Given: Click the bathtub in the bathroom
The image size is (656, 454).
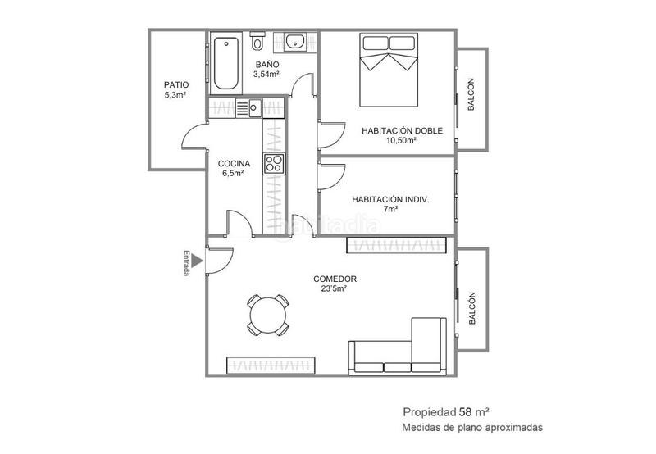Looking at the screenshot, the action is click(x=226, y=63).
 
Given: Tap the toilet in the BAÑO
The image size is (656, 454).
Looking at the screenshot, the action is click(x=257, y=41).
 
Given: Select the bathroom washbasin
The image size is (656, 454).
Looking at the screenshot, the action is click(x=295, y=42).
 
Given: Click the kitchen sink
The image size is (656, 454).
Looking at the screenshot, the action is click(x=248, y=108).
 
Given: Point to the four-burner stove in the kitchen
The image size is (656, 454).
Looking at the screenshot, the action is click(x=274, y=163).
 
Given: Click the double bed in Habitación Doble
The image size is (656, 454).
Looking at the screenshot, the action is click(x=389, y=70).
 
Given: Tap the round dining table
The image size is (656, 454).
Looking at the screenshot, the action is click(x=268, y=315).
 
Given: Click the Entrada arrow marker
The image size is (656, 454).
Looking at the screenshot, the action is click(x=197, y=261).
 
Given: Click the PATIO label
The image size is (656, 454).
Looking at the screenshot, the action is click(x=176, y=85).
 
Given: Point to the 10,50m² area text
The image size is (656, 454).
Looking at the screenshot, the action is click(x=401, y=140).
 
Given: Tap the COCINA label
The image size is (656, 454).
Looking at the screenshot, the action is click(x=234, y=163).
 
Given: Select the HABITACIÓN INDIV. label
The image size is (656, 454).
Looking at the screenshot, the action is click(x=390, y=200).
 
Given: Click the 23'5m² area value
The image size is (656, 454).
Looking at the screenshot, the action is click(x=334, y=288).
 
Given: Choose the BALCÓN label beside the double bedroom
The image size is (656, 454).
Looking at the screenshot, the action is click(x=471, y=94).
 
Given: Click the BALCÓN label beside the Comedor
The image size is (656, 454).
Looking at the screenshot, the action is click(x=472, y=308).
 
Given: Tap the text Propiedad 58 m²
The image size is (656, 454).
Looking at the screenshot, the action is click(x=446, y=412).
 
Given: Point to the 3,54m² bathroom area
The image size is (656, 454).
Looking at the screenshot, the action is click(x=266, y=75).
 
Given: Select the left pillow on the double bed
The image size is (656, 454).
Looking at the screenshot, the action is click(x=375, y=43).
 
